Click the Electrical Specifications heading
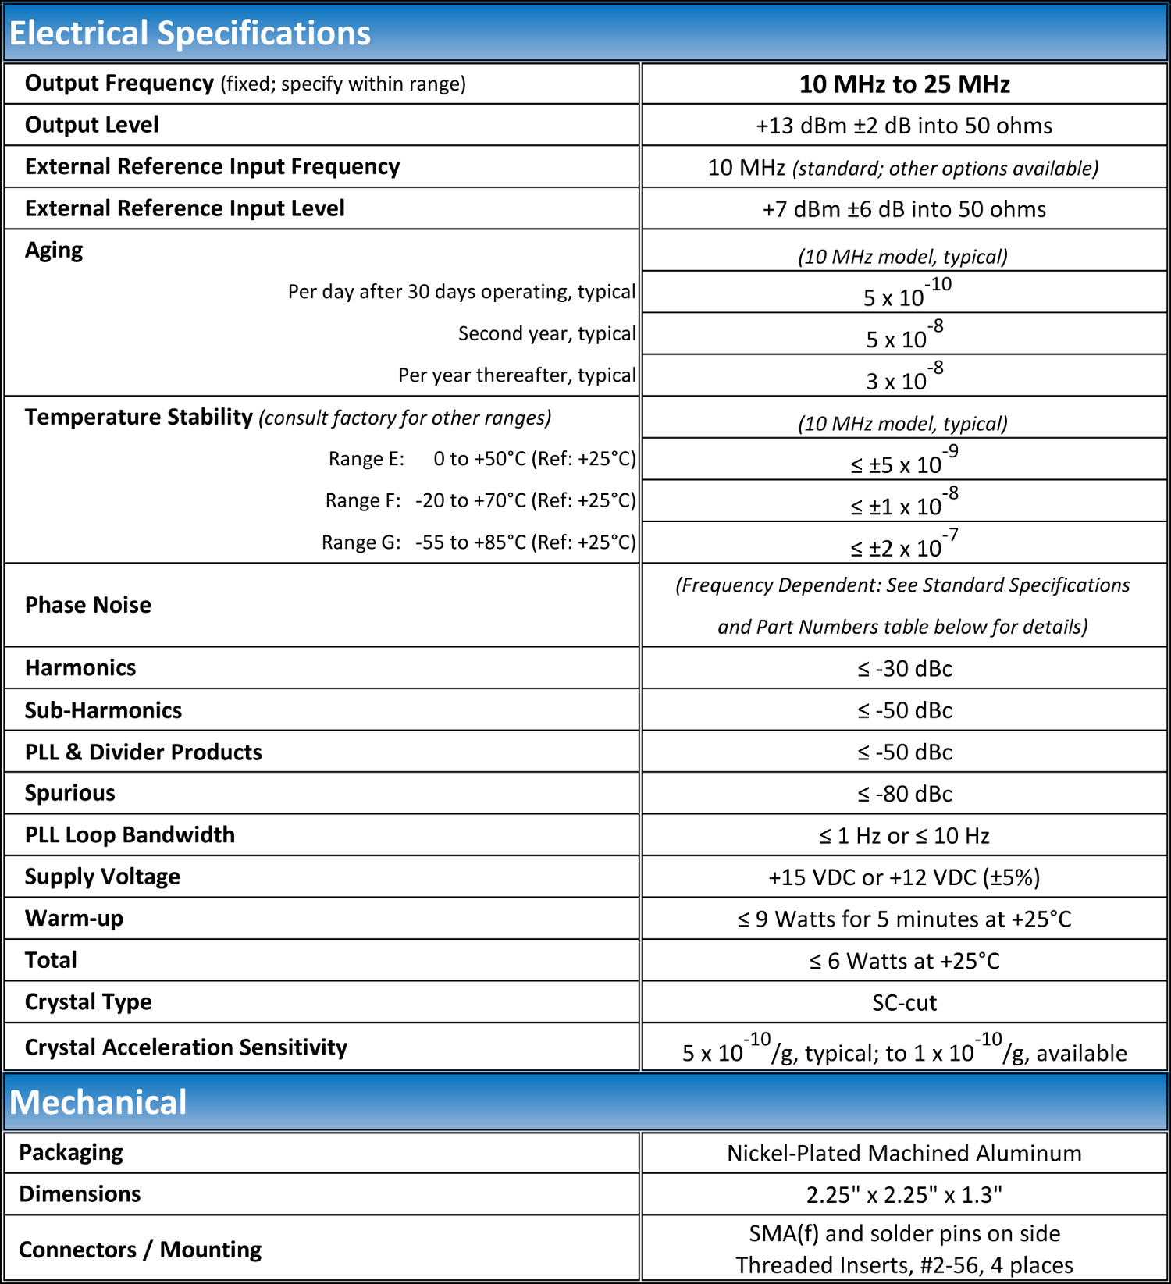[190, 34]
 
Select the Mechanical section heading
[98, 1102]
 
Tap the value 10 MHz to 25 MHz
[904, 84]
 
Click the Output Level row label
[92, 125]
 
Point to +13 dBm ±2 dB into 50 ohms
[904, 126]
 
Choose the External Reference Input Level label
[185, 208]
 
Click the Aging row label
[54, 251]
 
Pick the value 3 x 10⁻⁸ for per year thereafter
[904, 379]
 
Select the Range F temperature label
[480, 500]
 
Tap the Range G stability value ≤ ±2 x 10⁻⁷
[904, 545]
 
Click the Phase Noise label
[88, 605]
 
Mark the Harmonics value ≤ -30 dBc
[904, 669]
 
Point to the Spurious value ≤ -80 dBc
[904, 794]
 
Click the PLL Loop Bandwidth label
[130, 835]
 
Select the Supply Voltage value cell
[904, 877]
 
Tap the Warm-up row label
[74, 919]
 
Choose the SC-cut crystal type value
[904, 1002]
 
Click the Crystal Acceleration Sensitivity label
[186, 1047]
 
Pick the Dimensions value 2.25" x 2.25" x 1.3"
[904, 1195]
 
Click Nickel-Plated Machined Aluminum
[904, 1153]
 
